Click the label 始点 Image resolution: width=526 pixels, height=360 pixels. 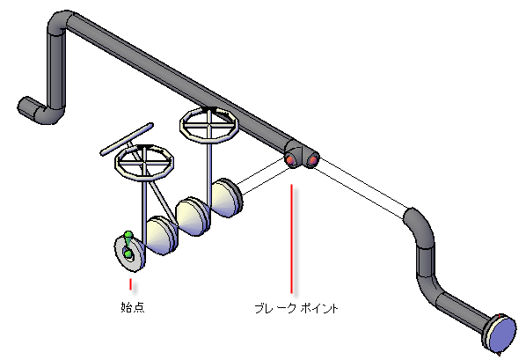coord(133,307)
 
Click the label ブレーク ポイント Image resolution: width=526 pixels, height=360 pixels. coord(296,308)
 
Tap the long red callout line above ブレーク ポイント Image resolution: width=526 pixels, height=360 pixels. coord(291,239)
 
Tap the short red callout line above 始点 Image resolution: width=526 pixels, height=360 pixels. coord(130,284)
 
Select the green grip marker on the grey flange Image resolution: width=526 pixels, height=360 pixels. coord(128,245)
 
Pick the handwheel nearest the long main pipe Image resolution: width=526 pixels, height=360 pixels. coord(209,125)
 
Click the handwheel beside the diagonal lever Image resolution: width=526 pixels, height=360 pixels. coord(144,163)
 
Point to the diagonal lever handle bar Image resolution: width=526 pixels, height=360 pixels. coord(127,139)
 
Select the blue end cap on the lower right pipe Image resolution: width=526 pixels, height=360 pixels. coord(502,334)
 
